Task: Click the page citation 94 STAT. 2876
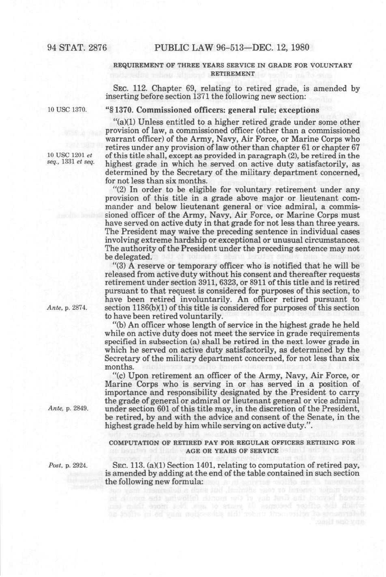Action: click(x=77, y=47)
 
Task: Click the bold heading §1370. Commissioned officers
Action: click(x=212, y=110)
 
